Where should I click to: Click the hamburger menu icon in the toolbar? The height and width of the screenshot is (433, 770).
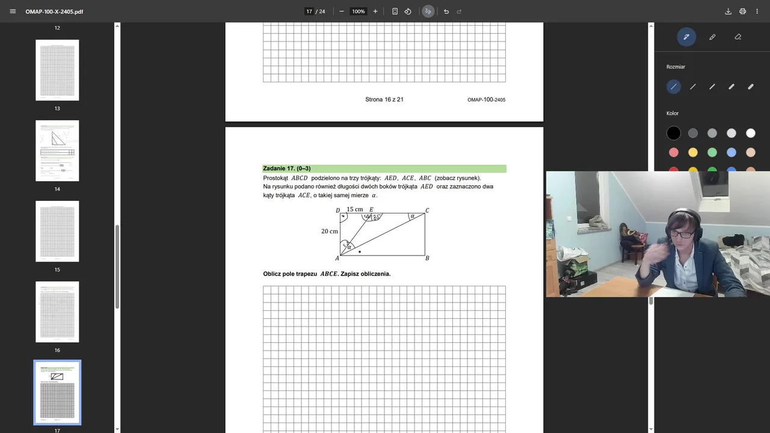pos(13,11)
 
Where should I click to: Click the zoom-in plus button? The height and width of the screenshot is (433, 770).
pos(375,11)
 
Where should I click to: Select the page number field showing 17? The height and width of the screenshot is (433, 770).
pos(309,11)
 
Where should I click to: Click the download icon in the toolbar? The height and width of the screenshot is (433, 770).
pos(728,11)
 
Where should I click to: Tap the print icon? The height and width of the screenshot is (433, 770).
pos(743,11)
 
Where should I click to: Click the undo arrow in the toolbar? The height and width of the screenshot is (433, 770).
pos(446,11)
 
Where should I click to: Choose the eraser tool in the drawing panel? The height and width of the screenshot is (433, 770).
pos(738,37)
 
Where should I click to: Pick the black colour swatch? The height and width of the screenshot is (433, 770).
pos(674,134)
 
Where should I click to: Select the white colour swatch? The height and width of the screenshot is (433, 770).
pos(751,134)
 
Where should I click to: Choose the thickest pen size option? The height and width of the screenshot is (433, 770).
pos(751,87)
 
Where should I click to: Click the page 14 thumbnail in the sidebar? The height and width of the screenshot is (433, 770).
pos(57,150)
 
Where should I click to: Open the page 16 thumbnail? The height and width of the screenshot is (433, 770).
pos(57,312)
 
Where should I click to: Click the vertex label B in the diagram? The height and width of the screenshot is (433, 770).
pos(427,259)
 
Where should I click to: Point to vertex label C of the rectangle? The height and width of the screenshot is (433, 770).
pos(427,210)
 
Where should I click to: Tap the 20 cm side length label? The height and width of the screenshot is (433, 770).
pos(330,232)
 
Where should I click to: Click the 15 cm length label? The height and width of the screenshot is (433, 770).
pos(355,210)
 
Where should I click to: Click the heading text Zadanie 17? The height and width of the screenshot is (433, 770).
pos(287,169)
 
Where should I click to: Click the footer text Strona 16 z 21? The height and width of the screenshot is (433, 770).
pos(384,100)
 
